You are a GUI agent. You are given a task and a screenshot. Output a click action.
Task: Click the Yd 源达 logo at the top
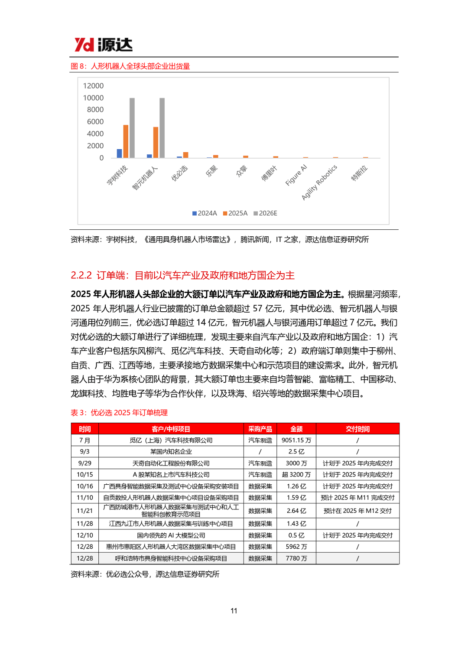[x=103, y=45]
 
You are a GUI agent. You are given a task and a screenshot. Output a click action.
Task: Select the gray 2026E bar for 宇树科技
[x=132, y=128]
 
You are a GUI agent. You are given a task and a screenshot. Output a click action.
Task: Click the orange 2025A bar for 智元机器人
[x=156, y=142]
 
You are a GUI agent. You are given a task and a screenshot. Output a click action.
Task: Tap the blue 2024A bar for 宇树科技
[x=120, y=153]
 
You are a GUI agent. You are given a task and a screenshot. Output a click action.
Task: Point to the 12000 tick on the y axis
[x=93, y=86]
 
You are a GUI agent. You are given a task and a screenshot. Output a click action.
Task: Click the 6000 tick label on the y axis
[x=95, y=122]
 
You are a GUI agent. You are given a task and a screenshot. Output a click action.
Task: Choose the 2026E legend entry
[x=265, y=213]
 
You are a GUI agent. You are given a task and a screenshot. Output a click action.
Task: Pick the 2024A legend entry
[x=205, y=213]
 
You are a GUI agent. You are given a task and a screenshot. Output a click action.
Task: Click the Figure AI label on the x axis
[x=296, y=175]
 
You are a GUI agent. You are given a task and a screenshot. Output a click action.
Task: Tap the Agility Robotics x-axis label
[x=319, y=183]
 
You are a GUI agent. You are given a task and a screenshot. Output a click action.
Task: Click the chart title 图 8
[x=130, y=66]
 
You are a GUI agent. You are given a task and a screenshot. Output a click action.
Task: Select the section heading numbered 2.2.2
[x=182, y=275]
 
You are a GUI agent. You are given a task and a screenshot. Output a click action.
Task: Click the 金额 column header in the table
[x=296, y=429]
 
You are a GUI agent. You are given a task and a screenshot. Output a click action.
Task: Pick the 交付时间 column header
[x=357, y=429]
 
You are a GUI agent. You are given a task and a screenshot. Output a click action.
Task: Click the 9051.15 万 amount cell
[x=296, y=440]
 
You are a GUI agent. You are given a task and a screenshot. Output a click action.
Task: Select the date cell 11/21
[x=84, y=511]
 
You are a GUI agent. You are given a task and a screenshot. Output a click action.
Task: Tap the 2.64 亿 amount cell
[x=296, y=511]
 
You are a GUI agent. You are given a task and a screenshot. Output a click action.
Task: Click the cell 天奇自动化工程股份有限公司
[x=171, y=463]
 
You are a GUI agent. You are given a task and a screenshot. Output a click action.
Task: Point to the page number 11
[x=234, y=611]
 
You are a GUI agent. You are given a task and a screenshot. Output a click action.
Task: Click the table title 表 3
[x=119, y=413]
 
